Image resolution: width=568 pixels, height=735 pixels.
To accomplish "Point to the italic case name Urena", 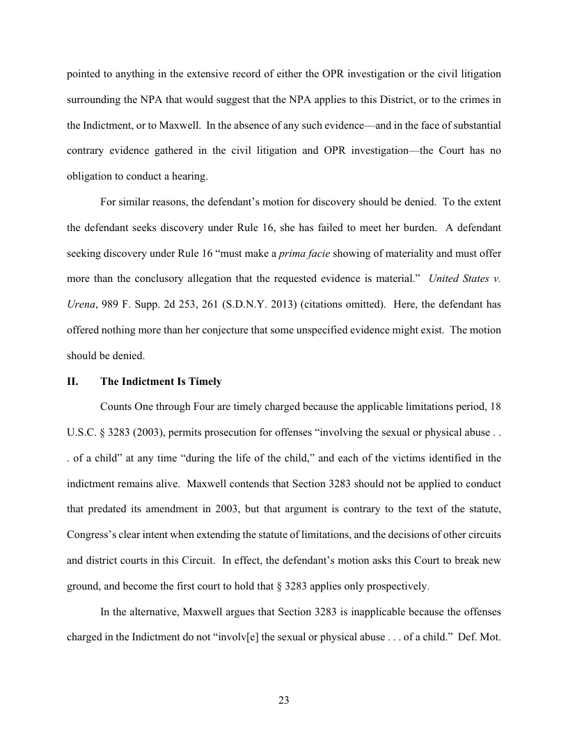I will coord(80,303).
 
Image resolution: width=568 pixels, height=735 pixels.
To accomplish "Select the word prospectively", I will coord(395,587).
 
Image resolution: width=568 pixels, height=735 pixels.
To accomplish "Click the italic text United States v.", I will coord(464,278).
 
